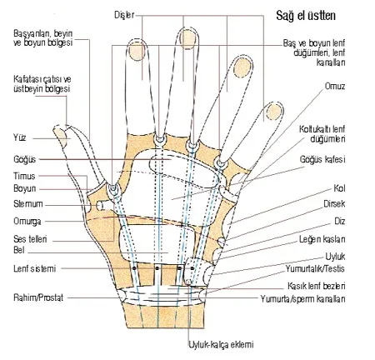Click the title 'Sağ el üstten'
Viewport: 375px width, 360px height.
coord(306,16)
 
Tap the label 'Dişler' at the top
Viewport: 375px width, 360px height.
coord(124,15)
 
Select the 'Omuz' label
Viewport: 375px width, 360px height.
coord(335,86)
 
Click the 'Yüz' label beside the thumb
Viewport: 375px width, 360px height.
coord(20,137)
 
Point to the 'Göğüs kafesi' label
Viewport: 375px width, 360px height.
coord(322,159)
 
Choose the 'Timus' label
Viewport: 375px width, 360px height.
coord(24,176)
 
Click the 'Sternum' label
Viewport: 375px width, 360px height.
coord(28,204)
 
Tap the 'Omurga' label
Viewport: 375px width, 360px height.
coord(27,222)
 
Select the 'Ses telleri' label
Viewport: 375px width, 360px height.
coord(30,239)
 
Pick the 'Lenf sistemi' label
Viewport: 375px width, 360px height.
coord(35,268)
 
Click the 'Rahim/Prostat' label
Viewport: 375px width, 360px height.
coord(38,297)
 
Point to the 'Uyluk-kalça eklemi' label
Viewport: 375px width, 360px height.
coord(221,345)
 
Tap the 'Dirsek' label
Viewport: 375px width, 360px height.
coord(334,204)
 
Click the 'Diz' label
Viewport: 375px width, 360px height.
coord(340,222)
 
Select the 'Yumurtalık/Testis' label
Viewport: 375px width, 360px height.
coord(315,268)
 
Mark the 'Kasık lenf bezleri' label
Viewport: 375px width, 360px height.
coord(317,286)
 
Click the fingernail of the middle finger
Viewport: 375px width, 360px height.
coord(187,38)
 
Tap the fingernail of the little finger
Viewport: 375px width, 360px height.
coord(273,112)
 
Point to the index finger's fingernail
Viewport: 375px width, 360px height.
coord(137,51)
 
